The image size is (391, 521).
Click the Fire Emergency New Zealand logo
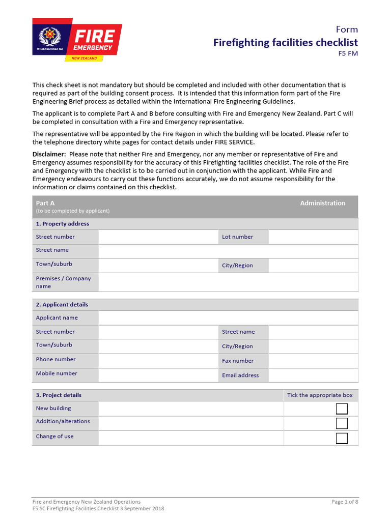(x=77, y=40)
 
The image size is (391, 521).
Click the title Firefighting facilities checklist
(x=285, y=42)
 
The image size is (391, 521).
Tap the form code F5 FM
(x=348, y=53)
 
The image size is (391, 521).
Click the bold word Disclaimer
(x=49, y=154)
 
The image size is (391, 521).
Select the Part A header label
(x=45, y=203)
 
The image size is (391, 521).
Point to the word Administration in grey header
(x=322, y=203)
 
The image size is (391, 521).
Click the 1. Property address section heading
(x=62, y=224)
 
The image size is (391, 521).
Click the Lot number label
(x=237, y=237)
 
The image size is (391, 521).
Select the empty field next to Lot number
(x=313, y=237)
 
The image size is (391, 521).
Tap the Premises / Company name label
(x=63, y=282)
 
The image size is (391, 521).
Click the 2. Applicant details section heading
(x=62, y=305)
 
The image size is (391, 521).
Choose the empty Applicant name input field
(x=228, y=318)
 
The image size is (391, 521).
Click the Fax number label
(x=237, y=361)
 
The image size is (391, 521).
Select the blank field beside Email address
(x=313, y=375)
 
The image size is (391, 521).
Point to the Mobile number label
(x=57, y=373)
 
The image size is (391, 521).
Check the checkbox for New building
(x=342, y=409)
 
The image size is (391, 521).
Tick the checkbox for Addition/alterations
(x=342, y=423)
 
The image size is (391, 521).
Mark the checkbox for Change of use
(x=342, y=438)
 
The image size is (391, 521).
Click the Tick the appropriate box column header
(x=320, y=395)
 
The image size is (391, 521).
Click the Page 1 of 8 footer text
(x=345, y=502)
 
